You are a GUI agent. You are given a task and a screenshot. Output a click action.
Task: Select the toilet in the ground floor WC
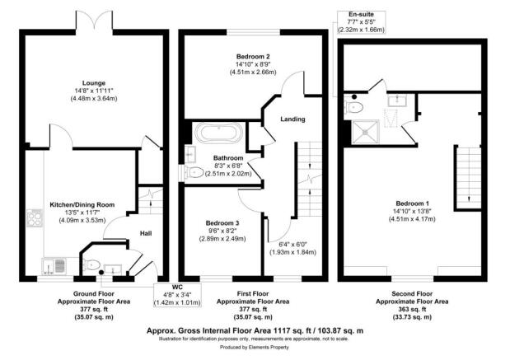(x=92, y=264)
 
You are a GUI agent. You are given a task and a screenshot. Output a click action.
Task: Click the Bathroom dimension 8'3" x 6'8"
(x=227, y=166)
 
